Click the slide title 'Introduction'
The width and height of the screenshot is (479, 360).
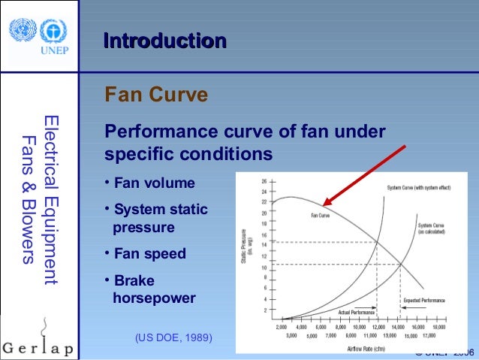pos(164,41)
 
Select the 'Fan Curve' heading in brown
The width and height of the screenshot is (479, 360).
pos(156,96)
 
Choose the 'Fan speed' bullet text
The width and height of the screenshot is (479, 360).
pos(149,253)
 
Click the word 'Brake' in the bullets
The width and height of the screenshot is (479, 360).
pos(134,280)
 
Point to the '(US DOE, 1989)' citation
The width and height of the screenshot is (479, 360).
pos(173,339)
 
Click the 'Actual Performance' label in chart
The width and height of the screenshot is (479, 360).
pos(357,312)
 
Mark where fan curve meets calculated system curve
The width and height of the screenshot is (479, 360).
pos(400,264)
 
